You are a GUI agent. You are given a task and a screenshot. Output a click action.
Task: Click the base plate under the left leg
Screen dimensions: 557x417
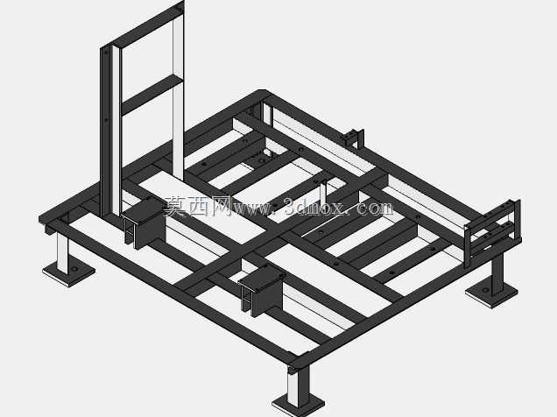(69, 273)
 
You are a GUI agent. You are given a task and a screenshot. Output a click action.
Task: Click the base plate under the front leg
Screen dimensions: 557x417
(299, 406)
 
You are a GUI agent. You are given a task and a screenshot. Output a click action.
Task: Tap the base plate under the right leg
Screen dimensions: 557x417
(491, 293)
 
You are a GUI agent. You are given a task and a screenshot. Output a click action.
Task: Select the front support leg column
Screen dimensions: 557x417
(299, 385)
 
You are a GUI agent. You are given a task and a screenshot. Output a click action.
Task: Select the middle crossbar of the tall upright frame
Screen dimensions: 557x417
(152, 95)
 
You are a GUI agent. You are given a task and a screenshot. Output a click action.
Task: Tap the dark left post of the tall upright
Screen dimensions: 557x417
(106, 132)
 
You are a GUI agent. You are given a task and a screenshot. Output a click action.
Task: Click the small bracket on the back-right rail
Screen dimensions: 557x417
(354, 138)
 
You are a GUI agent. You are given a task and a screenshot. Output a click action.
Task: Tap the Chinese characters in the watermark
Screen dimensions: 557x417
(198, 207)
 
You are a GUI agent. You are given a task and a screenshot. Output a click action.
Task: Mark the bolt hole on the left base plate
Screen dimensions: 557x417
(74, 269)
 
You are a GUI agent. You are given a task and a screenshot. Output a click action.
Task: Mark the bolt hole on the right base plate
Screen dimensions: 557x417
(485, 290)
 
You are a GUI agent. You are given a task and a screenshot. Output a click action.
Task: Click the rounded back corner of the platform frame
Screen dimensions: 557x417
(262, 92)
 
